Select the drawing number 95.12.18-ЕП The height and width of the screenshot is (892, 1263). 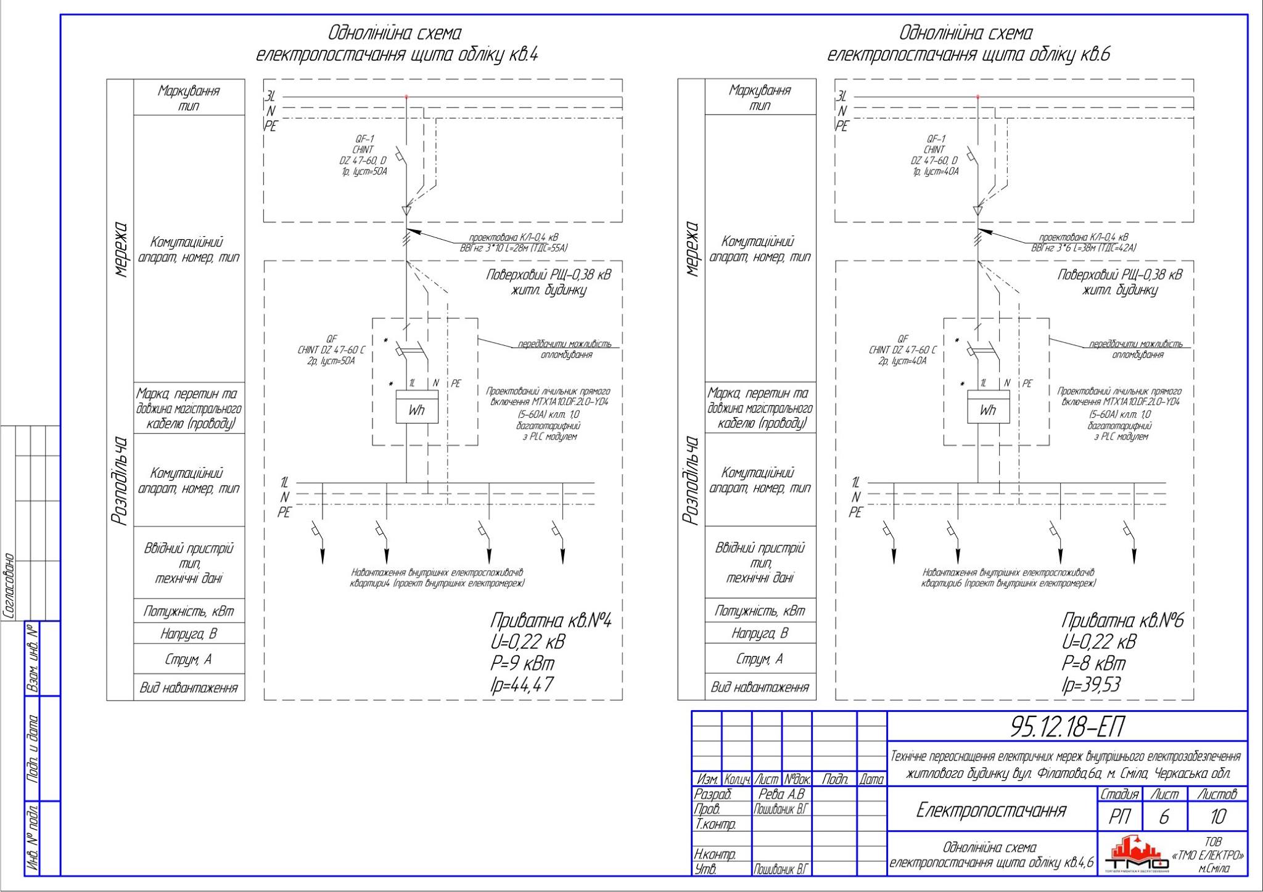[1066, 727]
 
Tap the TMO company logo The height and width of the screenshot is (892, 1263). [1136, 855]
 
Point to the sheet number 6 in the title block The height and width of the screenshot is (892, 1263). [1164, 817]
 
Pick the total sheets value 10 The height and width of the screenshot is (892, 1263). [1217, 817]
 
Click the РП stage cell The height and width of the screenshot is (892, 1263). [1119, 817]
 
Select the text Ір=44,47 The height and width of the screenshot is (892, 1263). [522, 684]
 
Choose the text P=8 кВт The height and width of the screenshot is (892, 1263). [1093, 663]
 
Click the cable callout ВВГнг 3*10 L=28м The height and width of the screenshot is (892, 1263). [513, 248]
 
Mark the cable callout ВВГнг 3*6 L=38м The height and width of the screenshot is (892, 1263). [1084, 248]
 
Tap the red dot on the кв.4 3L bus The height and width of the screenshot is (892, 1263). [406, 97]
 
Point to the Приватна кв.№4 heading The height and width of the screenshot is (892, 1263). [550, 620]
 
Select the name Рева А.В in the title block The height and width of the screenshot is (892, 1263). [781, 795]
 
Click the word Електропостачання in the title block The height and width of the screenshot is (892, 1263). [991, 810]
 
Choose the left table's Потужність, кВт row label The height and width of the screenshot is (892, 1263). [189, 612]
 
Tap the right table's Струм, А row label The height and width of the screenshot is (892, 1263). [760, 659]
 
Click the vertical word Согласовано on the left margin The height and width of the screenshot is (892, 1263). [9, 586]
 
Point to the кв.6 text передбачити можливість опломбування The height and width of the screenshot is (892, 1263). [1137, 349]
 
